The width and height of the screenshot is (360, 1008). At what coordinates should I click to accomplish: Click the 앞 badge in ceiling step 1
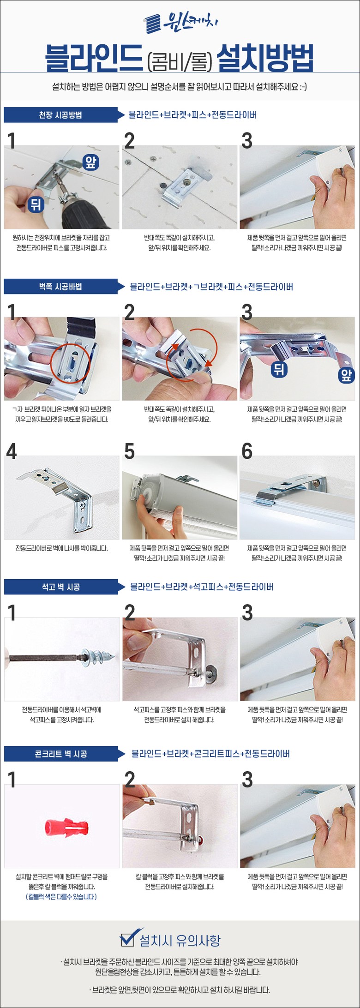[x=90, y=162]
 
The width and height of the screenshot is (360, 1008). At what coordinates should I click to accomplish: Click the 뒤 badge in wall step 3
[x=278, y=368]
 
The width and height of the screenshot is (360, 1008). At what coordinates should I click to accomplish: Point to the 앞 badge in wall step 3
[x=346, y=375]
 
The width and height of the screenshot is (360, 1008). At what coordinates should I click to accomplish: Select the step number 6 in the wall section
[x=247, y=452]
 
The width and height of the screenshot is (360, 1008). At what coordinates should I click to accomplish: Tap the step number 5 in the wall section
[x=130, y=452]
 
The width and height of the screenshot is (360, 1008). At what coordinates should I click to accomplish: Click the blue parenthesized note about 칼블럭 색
[x=61, y=897]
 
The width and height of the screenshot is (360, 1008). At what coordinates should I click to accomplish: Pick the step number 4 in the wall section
[x=12, y=452]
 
